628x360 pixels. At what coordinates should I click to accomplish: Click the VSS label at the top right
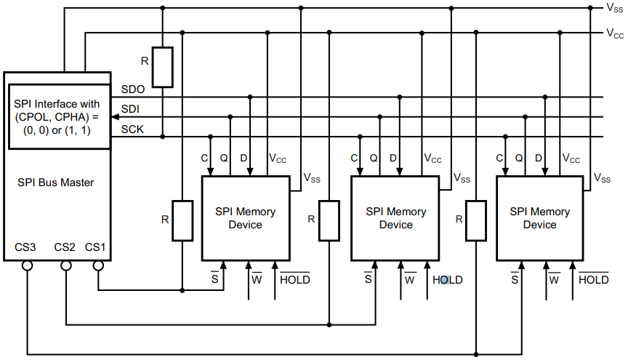[x=613, y=8]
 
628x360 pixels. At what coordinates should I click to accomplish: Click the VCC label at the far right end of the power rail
[x=614, y=33]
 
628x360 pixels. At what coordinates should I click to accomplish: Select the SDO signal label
[x=132, y=89]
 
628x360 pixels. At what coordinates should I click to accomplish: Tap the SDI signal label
[x=130, y=109]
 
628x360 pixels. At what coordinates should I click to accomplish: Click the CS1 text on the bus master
[x=95, y=247]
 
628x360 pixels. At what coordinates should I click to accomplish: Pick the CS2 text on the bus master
[x=65, y=247]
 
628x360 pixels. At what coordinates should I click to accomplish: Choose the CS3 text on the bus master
[x=25, y=247]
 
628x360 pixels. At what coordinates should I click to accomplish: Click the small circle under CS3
[x=27, y=266]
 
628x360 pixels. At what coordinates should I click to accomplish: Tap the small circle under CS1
[x=97, y=266]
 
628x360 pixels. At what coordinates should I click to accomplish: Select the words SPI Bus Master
[x=55, y=183]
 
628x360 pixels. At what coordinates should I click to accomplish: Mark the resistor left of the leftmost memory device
[x=182, y=220]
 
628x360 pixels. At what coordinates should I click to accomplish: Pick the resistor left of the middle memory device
[x=330, y=220]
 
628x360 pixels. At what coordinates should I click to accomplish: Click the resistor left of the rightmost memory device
[x=475, y=220]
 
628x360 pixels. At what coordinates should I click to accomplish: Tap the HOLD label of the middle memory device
[x=447, y=280]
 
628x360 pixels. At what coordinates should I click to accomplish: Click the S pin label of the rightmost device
[x=515, y=280]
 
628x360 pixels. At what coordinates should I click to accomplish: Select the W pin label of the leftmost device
[x=257, y=280]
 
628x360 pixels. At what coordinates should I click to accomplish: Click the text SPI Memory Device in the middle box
[x=395, y=218]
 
